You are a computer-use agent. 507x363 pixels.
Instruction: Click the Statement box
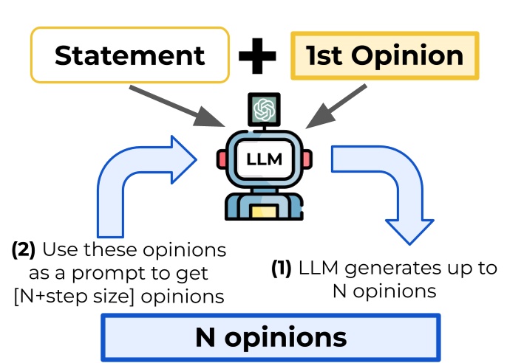click(129, 55)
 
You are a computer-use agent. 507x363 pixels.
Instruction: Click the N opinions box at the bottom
click(270, 337)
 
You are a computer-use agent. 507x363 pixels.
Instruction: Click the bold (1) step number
click(281, 269)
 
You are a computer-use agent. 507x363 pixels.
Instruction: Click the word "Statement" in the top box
click(129, 55)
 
